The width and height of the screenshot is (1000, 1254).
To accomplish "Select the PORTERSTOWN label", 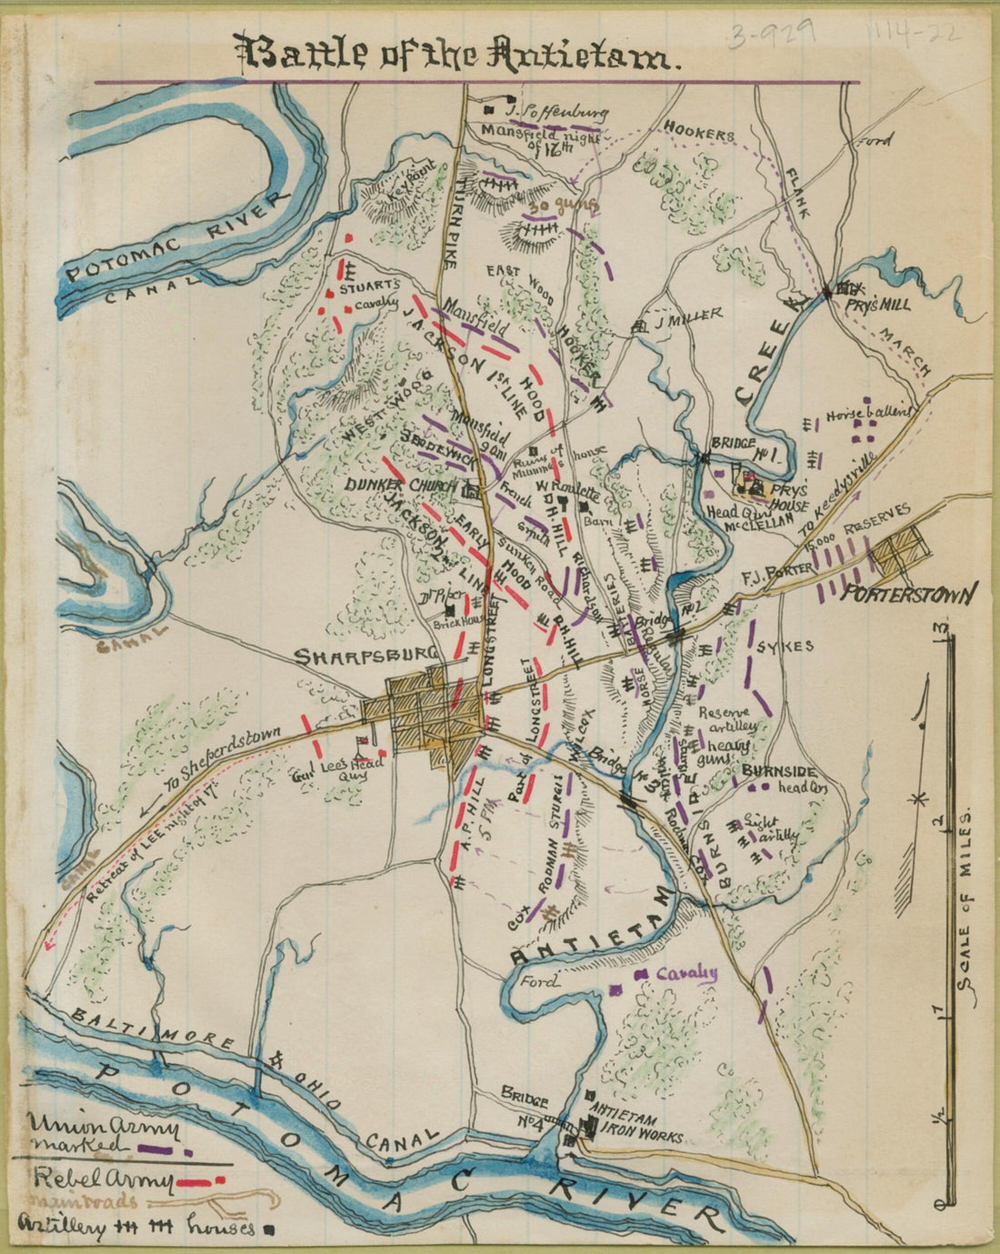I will tap(909, 596).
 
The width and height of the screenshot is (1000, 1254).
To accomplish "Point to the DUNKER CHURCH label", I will tap(400, 487).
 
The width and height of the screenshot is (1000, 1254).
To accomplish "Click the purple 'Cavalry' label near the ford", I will tap(686, 973).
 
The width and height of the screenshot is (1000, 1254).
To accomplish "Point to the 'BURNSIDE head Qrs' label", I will tap(782, 779).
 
